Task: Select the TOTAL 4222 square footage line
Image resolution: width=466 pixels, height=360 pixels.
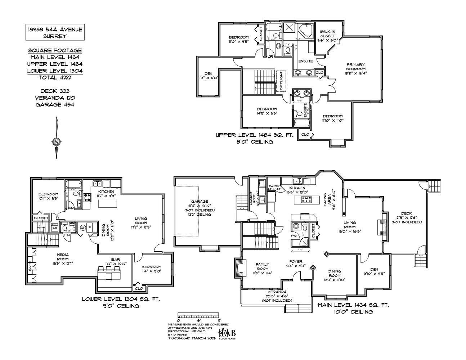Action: coord(55,77)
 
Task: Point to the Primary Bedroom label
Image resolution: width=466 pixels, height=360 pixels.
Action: coord(355,67)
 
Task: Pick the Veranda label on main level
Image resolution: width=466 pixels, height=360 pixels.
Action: coord(277,292)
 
